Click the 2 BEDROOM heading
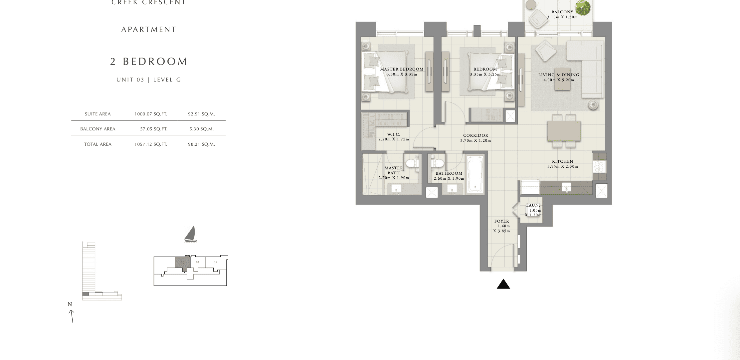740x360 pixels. point(149,61)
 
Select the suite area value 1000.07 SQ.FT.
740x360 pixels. point(151,114)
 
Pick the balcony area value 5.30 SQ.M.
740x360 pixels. point(201,129)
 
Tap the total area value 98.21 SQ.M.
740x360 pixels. point(201,144)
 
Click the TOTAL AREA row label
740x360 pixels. point(98,144)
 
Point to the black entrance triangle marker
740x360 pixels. point(503,284)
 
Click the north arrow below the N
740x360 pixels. point(72,316)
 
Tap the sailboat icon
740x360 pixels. point(191,234)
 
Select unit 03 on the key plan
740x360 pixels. point(183,262)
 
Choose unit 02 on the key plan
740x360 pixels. point(216,262)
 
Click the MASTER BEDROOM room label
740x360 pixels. point(402,69)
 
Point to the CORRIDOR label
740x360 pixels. point(476,135)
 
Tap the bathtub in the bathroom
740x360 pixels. point(475,174)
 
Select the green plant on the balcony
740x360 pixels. point(583,8)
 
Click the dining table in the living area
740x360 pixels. point(564,131)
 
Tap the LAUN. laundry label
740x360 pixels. point(533,205)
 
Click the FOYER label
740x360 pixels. point(502,221)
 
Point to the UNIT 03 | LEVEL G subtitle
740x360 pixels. point(149,80)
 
